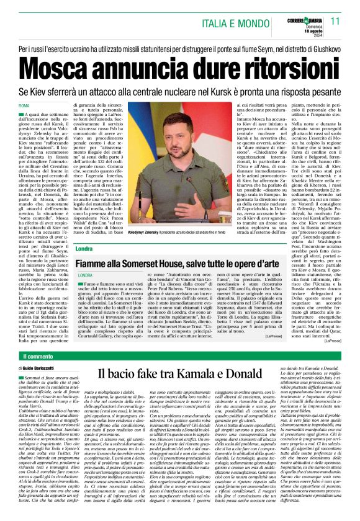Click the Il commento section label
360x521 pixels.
tap(38, 357)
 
